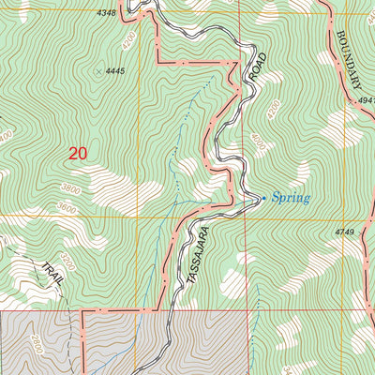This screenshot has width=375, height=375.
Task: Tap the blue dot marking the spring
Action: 262,198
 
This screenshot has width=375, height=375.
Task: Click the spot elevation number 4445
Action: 115,71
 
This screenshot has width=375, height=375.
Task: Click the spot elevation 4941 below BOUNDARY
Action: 366,98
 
